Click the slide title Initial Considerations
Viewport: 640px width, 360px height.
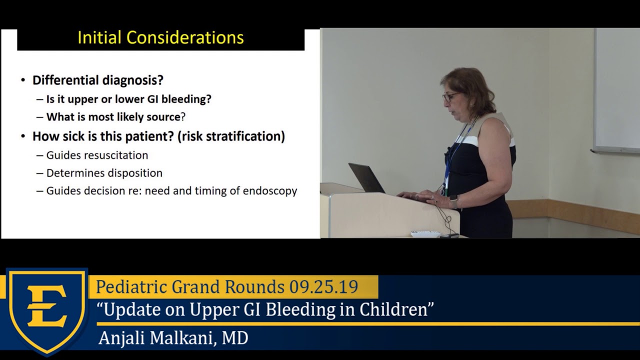(160, 38)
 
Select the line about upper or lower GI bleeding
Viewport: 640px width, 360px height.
(128, 99)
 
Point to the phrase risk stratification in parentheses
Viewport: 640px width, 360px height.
(231, 136)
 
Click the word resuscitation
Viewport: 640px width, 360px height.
(115, 155)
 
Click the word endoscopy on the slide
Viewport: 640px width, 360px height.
(270, 191)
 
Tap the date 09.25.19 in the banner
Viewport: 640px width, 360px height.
(323, 287)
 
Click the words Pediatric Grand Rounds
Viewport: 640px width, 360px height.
(191, 287)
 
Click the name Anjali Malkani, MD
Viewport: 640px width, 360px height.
(173, 338)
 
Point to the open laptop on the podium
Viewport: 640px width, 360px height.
(366, 178)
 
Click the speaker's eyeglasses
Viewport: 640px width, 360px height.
(450, 96)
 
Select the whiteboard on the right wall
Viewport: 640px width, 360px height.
(617, 90)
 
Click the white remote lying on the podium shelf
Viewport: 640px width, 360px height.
(425, 233)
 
